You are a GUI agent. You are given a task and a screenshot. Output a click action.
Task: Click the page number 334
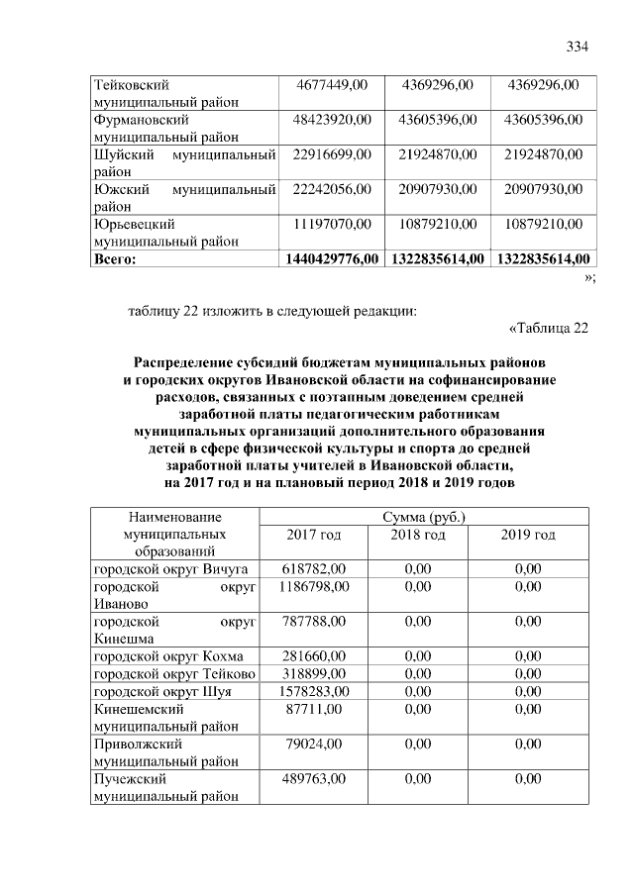(578, 48)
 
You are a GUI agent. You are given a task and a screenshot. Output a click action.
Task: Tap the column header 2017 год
(313, 535)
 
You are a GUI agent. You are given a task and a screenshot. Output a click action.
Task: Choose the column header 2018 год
(419, 535)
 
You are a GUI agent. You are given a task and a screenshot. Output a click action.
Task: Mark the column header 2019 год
(528, 535)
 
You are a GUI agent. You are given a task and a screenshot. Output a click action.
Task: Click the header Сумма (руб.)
(423, 517)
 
